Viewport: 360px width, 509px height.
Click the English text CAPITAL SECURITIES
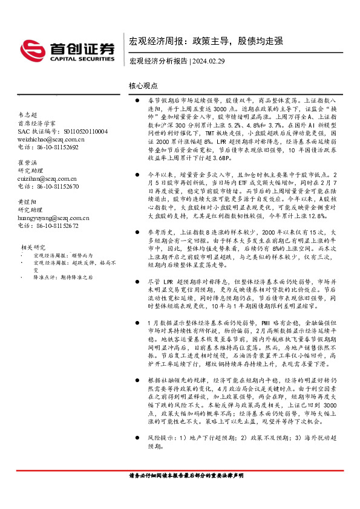pos(75,59)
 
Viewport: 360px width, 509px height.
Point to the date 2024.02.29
pos(211,61)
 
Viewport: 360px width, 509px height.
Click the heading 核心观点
pos(143,86)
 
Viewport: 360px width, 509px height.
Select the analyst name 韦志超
pos(28,115)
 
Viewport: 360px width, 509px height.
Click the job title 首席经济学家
pos(36,123)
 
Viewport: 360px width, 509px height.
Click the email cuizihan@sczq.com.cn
pos(47,179)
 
